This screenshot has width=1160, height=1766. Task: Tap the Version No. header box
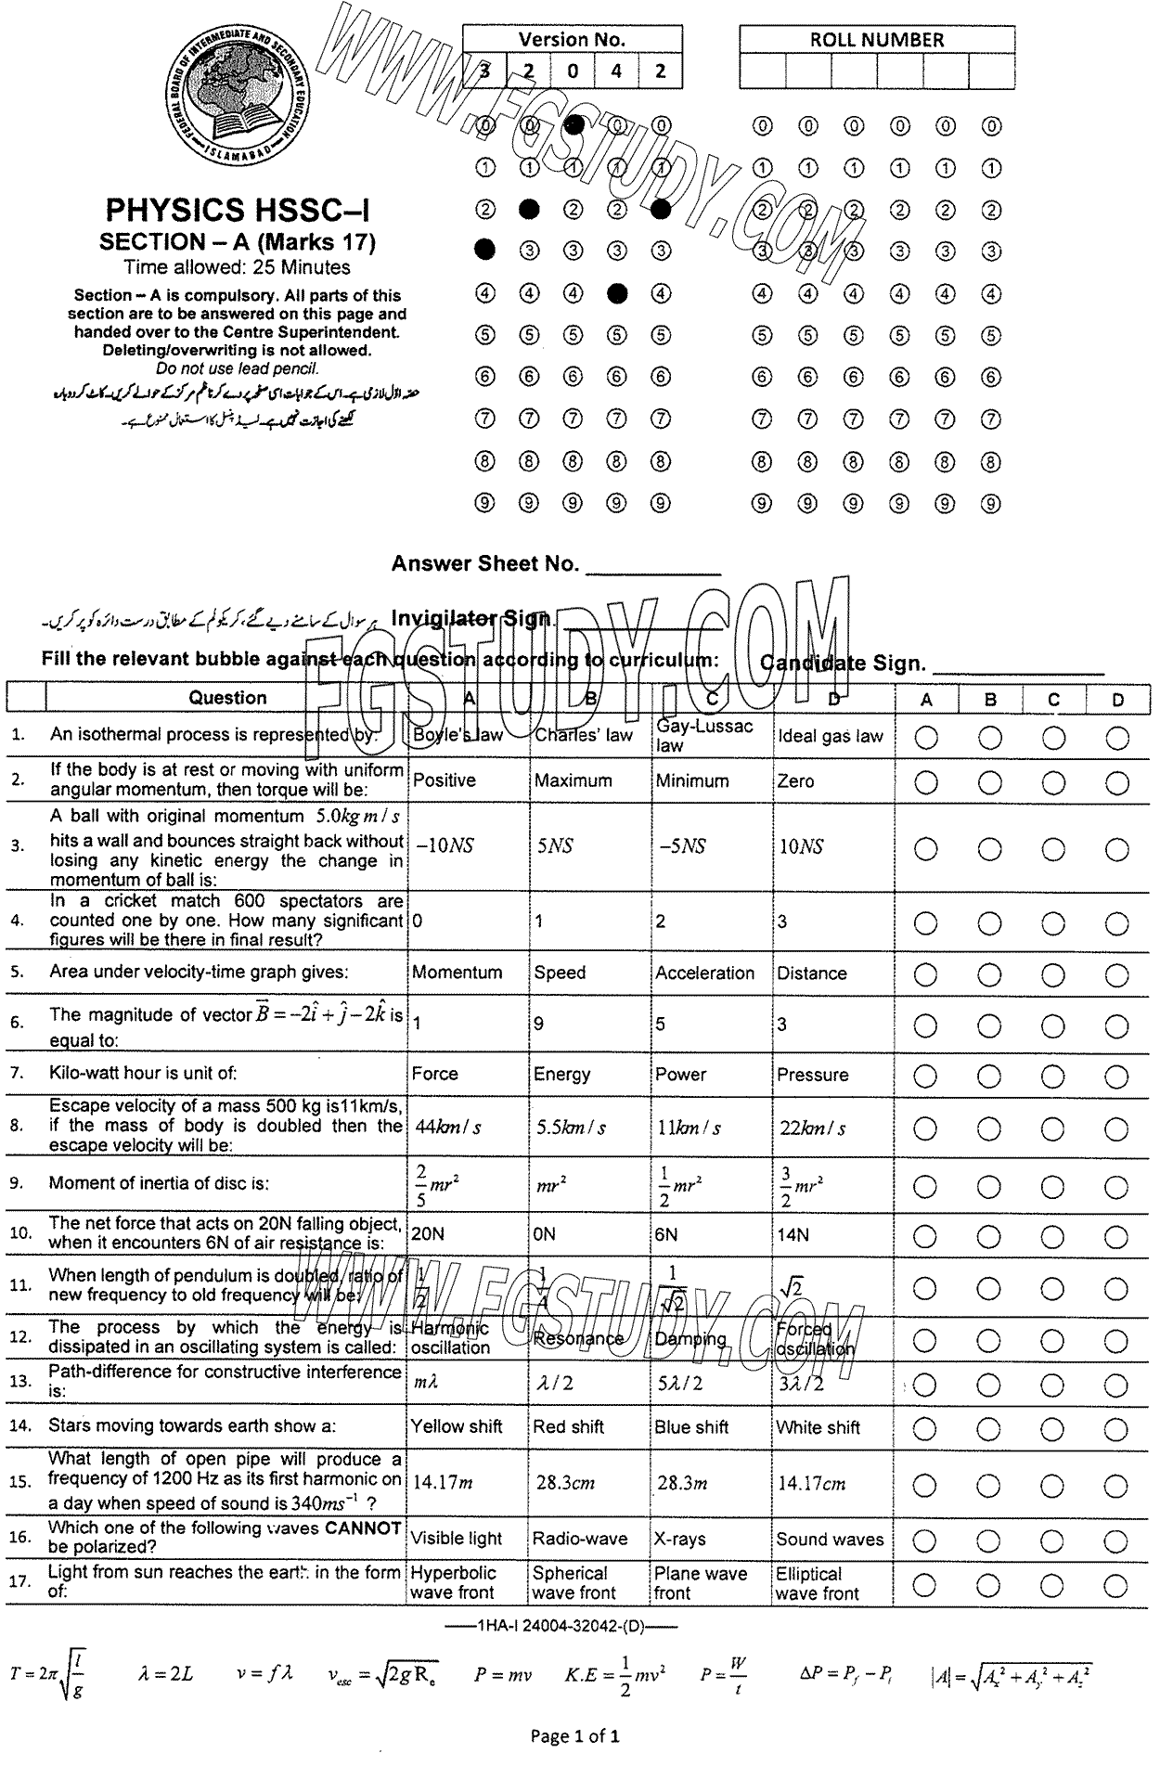(x=572, y=40)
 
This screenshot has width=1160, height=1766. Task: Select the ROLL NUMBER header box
(x=876, y=40)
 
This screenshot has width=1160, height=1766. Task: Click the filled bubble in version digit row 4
(x=617, y=293)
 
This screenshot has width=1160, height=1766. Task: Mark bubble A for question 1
(x=926, y=738)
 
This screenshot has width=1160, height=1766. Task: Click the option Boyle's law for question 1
(x=458, y=735)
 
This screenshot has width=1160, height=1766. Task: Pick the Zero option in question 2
(x=795, y=780)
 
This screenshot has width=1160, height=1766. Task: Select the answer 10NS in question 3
(x=800, y=846)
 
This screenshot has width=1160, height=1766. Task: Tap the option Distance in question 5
(x=811, y=973)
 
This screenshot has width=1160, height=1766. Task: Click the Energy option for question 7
(x=561, y=1074)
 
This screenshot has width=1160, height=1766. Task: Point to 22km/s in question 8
(x=812, y=1128)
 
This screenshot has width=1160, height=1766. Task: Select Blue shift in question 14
(x=691, y=1427)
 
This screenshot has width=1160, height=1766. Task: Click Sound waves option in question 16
(x=830, y=1539)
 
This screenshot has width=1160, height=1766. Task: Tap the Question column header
(x=227, y=698)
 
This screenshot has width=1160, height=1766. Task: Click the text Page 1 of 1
(x=574, y=1734)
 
